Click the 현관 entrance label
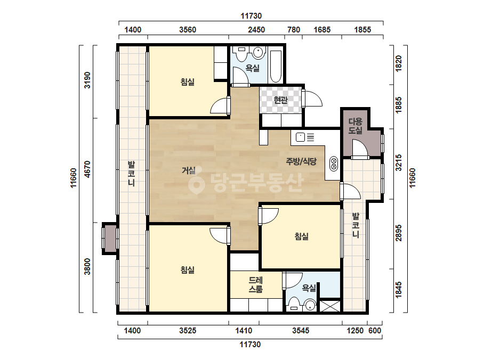pos(280,100)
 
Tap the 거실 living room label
pos(189,170)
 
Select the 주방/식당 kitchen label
pos(301,161)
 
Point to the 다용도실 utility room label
pos(355,126)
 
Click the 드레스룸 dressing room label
pos(256,285)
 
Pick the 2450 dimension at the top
pos(256,30)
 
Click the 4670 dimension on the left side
pos(87,169)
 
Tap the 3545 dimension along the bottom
pos(301,331)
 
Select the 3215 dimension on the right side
pos(399,162)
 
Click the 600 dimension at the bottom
pos(375,331)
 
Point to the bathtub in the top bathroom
pos(276,67)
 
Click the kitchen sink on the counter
pos(301,137)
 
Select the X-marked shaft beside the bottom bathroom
pos(330,306)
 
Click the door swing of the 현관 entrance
pos(313,98)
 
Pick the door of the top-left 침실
pos(220,106)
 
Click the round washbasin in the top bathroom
pos(259,53)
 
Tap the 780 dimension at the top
pos(294,30)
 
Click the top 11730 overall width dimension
pos(251,15)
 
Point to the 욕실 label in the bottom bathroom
pos(309,288)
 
